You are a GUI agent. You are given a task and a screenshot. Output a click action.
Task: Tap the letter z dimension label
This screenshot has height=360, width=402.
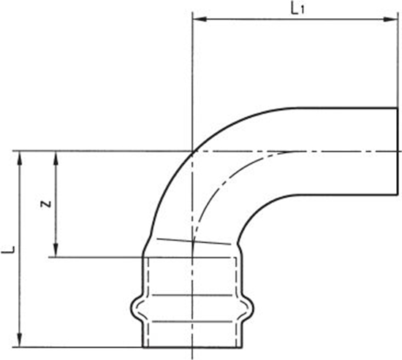pos(45,204)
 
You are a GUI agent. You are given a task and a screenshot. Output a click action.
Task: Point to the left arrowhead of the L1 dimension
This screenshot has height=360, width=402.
pos(198,22)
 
